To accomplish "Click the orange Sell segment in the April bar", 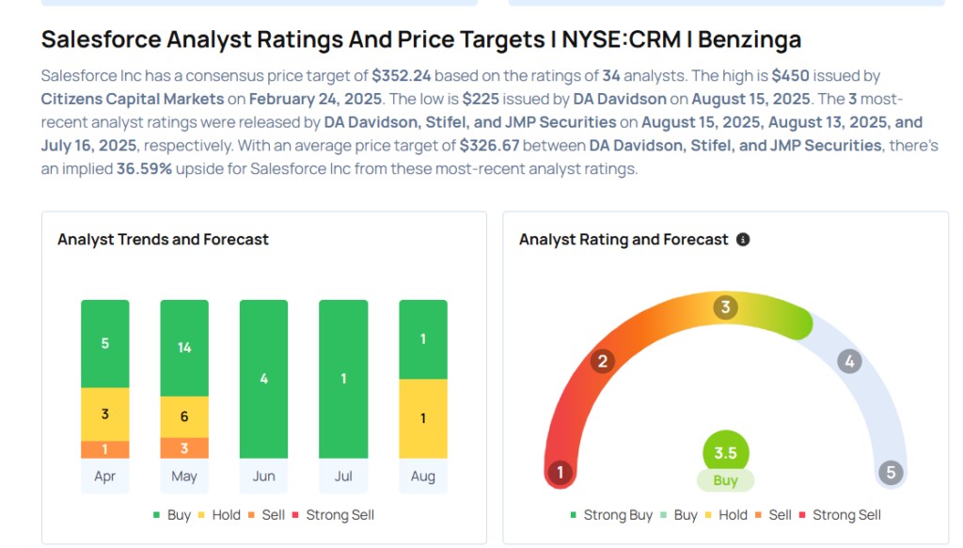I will click(x=105, y=449).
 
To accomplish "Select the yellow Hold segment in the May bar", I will click(x=184, y=416).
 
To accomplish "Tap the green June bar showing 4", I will click(x=263, y=379).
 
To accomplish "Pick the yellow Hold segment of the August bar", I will click(x=423, y=418).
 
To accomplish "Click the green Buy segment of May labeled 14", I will click(x=184, y=348).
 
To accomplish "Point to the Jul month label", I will click(x=343, y=477).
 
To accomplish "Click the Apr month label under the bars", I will click(x=105, y=477).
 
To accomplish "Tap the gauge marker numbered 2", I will click(x=603, y=361).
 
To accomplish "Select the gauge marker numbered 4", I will click(x=850, y=361).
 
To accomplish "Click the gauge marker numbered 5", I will click(x=891, y=472).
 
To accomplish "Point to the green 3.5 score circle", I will click(x=725, y=453).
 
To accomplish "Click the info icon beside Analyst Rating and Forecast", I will click(x=743, y=240).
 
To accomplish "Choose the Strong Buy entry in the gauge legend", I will click(x=613, y=515).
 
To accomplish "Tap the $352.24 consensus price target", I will click(x=402, y=75).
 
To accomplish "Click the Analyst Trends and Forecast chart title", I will click(x=163, y=240).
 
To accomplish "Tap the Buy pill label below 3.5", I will click(x=725, y=480).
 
